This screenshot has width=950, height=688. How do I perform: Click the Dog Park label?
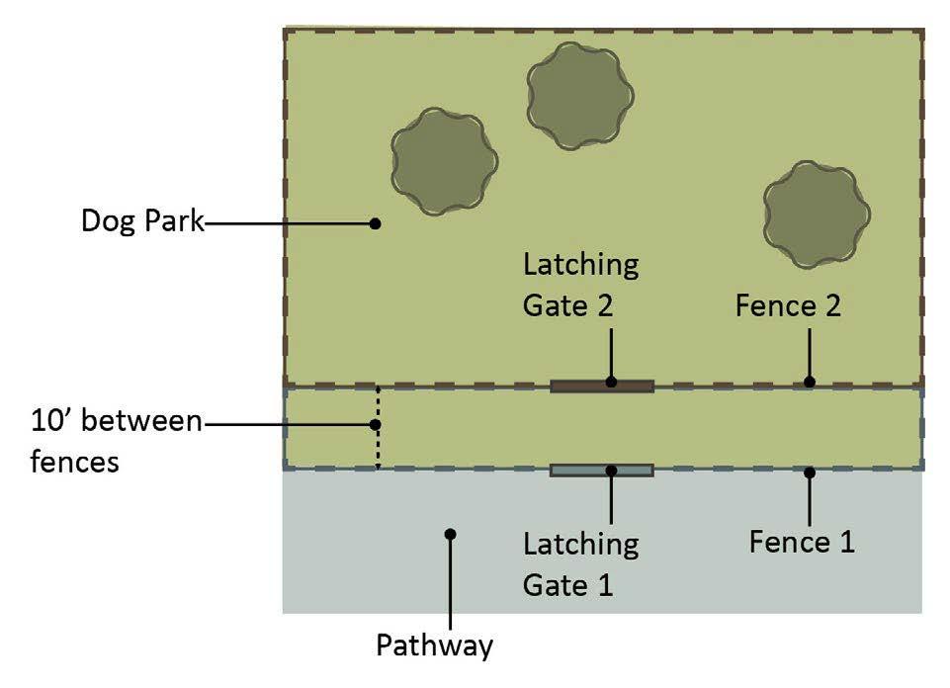click(141, 221)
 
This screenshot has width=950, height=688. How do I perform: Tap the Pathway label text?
click(434, 646)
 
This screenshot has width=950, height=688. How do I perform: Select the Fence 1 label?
click(801, 542)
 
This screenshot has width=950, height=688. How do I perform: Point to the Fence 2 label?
click(787, 306)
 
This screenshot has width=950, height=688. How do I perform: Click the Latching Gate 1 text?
click(580, 563)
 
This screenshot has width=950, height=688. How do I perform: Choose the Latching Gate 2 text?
click(580, 285)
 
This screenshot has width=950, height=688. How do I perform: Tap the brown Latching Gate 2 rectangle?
click(601, 386)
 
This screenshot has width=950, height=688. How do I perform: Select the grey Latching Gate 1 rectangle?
click(601, 471)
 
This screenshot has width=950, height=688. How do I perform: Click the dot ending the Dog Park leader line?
click(375, 223)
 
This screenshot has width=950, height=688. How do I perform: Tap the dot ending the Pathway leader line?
click(450, 534)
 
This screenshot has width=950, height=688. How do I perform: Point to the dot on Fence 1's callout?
click(810, 473)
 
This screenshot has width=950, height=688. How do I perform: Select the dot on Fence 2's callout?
click(810, 382)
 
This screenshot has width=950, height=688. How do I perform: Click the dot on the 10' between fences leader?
click(376, 425)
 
